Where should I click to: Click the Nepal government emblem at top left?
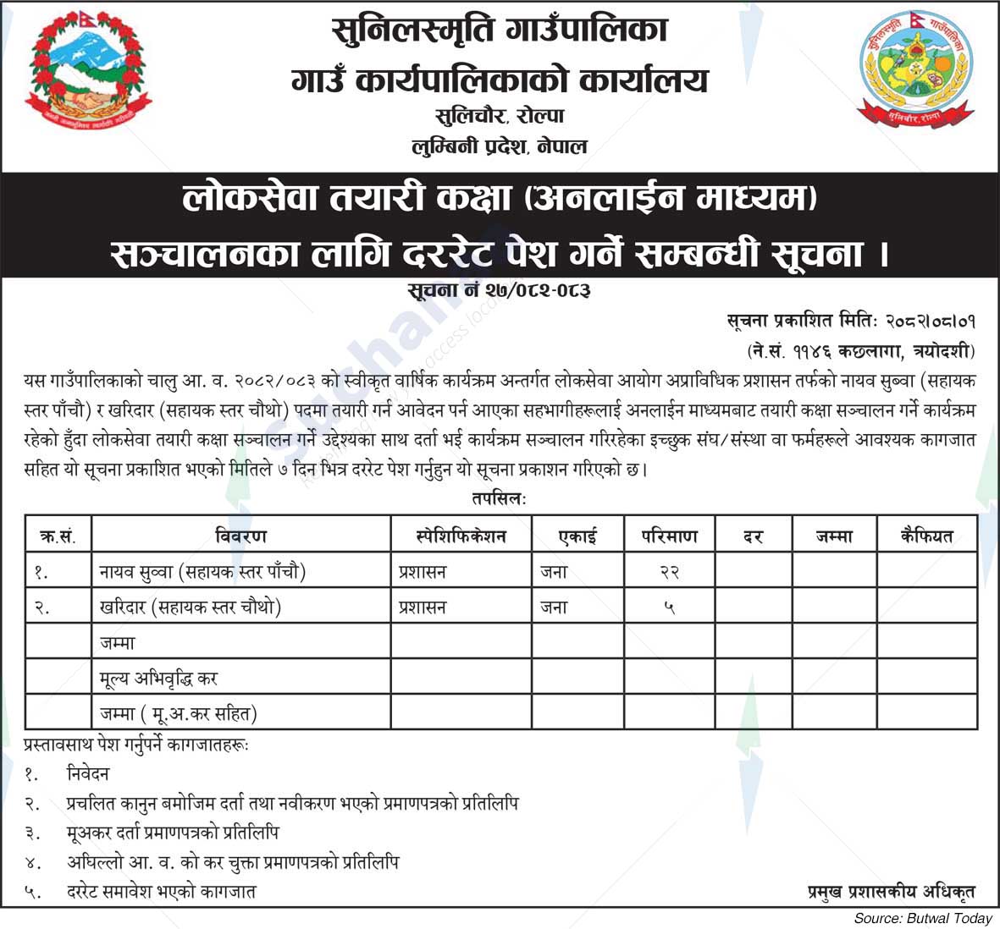tap(88, 74)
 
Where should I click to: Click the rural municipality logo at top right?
tap(912, 74)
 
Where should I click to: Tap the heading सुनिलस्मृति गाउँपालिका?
tap(500, 32)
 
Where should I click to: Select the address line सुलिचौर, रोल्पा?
tap(500, 116)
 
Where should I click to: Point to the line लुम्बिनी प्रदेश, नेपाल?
tap(500, 146)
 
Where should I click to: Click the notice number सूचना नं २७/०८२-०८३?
tap(499, 290)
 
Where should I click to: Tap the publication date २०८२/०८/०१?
tap(931, 322)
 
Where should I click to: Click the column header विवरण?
tap(241, 536)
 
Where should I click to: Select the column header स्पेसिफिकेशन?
tap(461, 536)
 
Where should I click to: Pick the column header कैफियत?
tap(927, 536)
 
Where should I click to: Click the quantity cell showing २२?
tap(670, 573)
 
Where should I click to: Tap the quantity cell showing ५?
tap(670, 607)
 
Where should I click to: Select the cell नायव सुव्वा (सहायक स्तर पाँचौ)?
tap(202, 573)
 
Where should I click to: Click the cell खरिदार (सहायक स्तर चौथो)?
tap(190, 607)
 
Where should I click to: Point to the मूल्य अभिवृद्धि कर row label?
tap(159, 679)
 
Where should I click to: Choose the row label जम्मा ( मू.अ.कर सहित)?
tap(178, 714)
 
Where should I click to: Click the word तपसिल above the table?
tap(499, 499)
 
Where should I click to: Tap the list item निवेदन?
tap(88, 773)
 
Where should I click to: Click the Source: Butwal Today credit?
tap(922, 918)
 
